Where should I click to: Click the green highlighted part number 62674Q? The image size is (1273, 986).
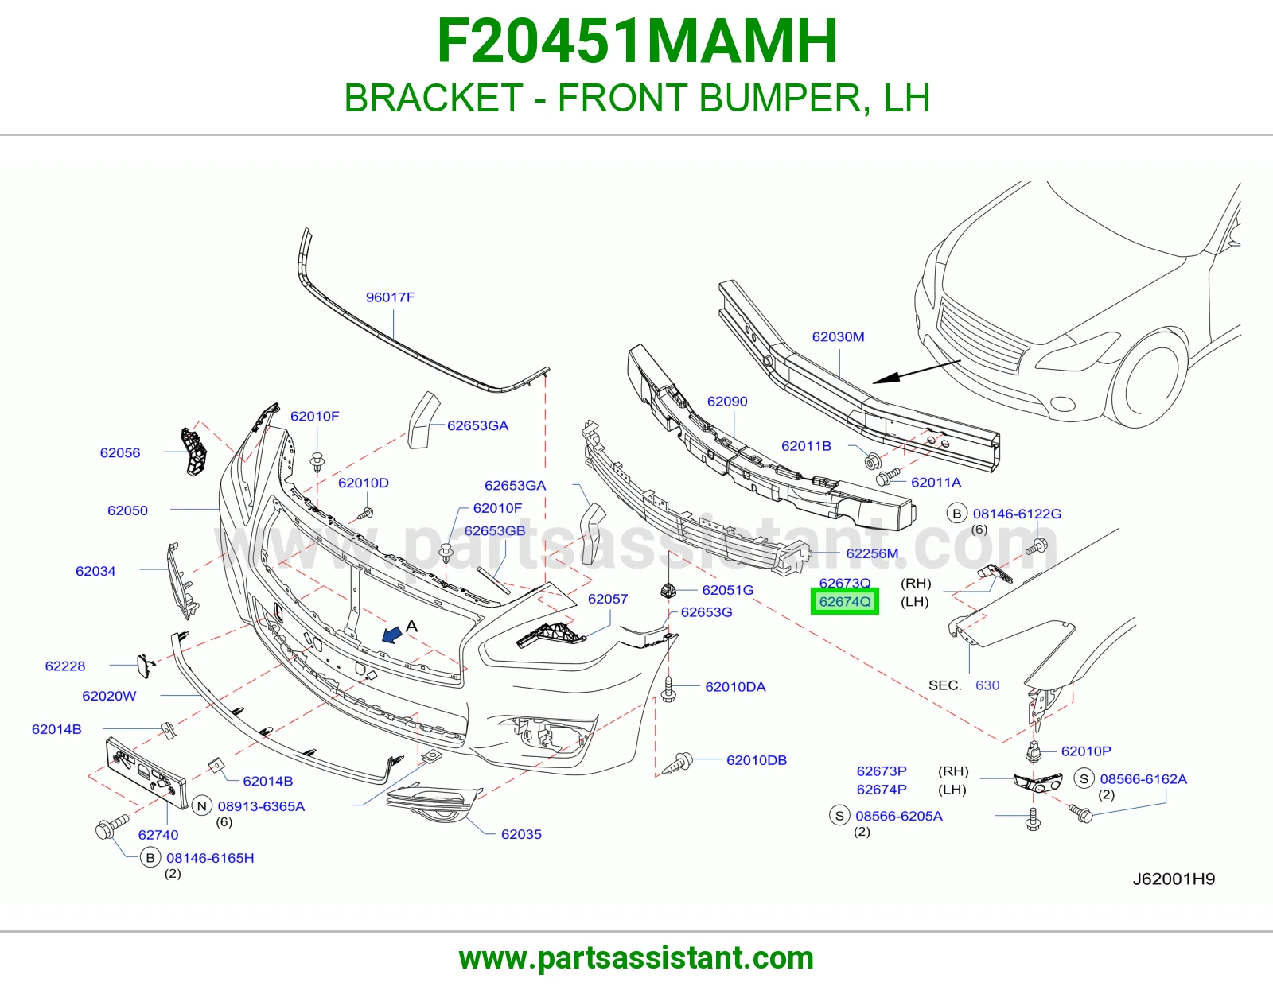845,601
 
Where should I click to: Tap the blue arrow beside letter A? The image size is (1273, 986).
392,634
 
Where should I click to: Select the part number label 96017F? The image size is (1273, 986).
390,297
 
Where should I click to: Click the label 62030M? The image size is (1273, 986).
838,336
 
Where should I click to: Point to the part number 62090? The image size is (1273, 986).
727,401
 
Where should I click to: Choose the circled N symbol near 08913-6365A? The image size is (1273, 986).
202,806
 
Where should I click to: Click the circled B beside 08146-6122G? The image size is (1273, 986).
956,514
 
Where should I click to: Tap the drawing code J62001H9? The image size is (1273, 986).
1174,879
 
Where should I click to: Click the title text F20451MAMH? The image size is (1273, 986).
636,41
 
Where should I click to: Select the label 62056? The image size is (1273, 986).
120,452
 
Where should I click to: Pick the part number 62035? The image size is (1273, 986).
521,834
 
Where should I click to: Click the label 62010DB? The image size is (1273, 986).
757,760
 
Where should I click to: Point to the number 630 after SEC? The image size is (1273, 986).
987,685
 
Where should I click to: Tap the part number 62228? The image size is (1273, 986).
65,666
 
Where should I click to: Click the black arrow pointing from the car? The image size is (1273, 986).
917,372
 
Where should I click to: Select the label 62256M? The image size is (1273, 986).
872,553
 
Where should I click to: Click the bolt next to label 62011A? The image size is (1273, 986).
887,476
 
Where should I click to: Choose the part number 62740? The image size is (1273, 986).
158,835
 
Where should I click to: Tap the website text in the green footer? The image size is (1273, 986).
636,958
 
